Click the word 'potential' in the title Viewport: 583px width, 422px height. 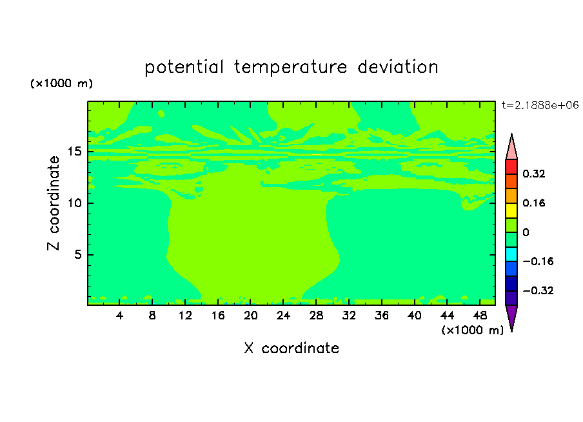(184, 68)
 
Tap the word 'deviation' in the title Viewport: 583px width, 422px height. (398, 67)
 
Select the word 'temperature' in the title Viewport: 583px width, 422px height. (290, 68)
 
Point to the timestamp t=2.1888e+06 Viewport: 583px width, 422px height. (540, 105)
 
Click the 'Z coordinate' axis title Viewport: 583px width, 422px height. (53, 203)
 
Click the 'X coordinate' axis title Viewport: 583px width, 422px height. (291, 348)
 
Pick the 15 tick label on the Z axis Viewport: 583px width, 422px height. (74, 152)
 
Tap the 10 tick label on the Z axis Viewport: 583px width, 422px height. (74, 203)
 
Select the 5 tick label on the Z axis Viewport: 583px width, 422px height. (77, 254)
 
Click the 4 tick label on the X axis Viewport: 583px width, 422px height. (119, 316)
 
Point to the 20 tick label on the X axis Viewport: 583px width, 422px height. (251, 316)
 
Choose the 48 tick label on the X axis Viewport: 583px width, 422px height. (480, 316)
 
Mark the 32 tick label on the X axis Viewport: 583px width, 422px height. (349, 316)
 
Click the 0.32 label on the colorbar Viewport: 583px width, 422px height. (533, 174)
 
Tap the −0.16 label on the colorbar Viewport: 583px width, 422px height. (538, 261)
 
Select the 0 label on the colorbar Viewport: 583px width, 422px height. (526, 232)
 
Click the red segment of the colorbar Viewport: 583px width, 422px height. (511, 166)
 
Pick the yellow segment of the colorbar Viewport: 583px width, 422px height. (511, 210)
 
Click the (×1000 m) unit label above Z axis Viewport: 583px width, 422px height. (61, 83)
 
